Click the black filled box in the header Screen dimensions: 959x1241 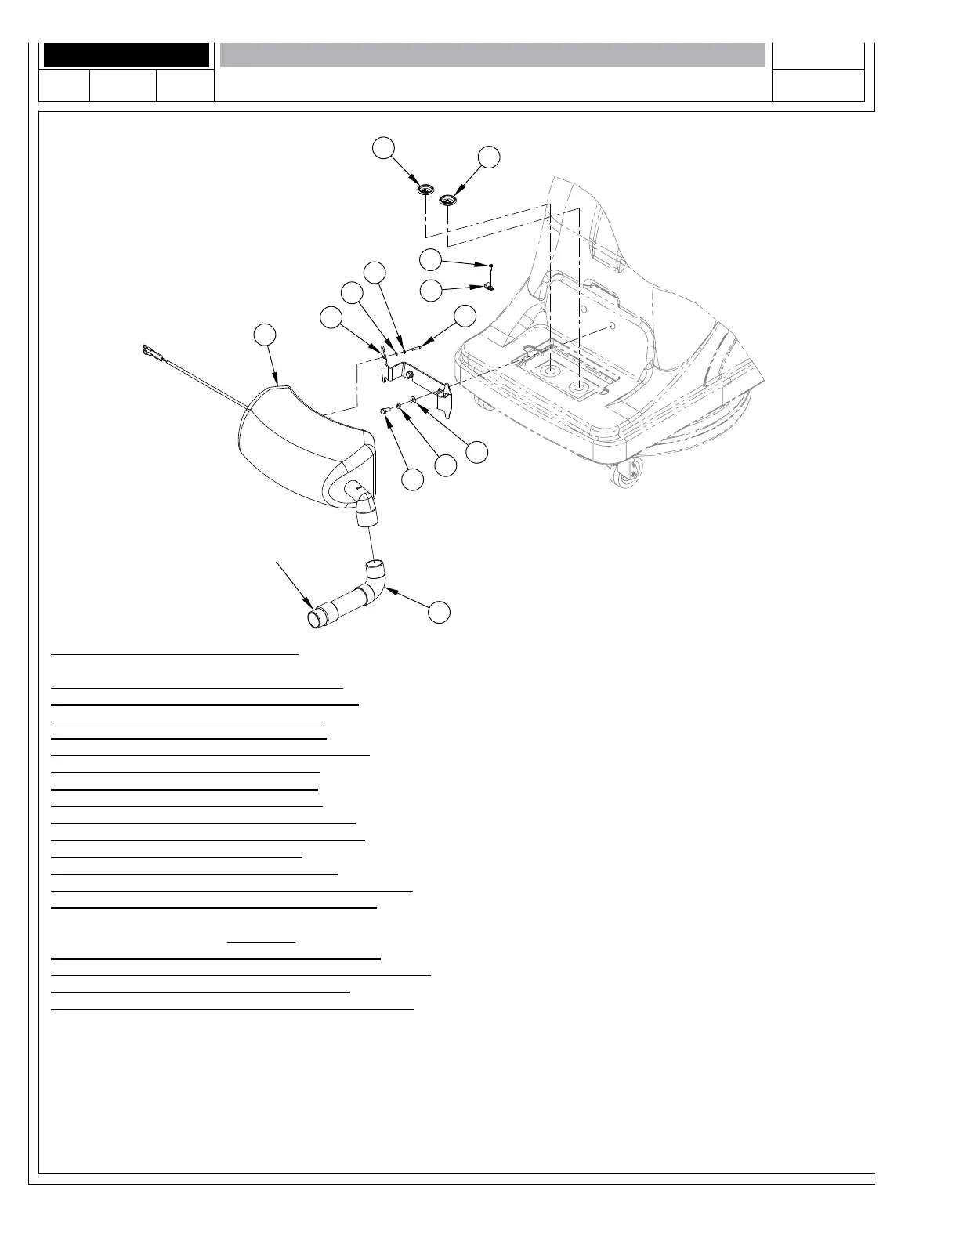pos(126,56)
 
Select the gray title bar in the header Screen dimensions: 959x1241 pos(492,56)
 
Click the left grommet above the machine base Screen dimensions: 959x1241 pos(425,189)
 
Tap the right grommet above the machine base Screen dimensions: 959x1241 pos(447,200)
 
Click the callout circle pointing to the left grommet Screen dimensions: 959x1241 pos(382,147)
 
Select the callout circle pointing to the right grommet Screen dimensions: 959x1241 pos(489,156)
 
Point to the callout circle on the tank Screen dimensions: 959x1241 pos(266,334)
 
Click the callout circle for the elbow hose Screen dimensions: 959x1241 pos(441,612)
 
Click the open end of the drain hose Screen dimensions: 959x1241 pos(316,620)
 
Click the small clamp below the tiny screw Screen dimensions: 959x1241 pos(487,286)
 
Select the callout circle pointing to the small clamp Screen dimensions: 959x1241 pos(431,291)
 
